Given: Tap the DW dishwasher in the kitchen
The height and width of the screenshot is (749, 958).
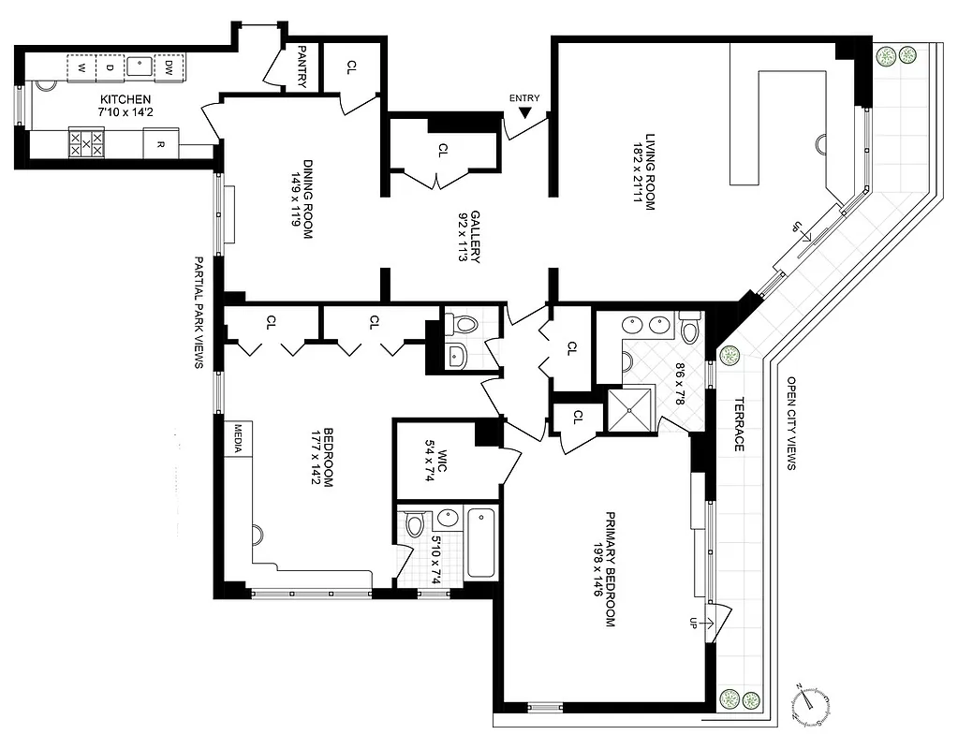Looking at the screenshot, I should click(169, 67).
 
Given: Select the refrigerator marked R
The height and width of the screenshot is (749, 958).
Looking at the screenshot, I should click(160, 145).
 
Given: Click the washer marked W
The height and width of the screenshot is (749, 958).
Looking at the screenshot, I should click(81, 68).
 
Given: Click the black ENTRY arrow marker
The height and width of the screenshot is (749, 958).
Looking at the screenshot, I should click(525, 112).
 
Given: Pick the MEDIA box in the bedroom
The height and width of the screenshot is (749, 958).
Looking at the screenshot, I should click(239, 436).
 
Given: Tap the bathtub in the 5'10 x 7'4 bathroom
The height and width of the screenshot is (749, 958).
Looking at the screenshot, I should click(479, 543).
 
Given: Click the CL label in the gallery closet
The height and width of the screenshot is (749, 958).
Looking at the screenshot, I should click(443, 148).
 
